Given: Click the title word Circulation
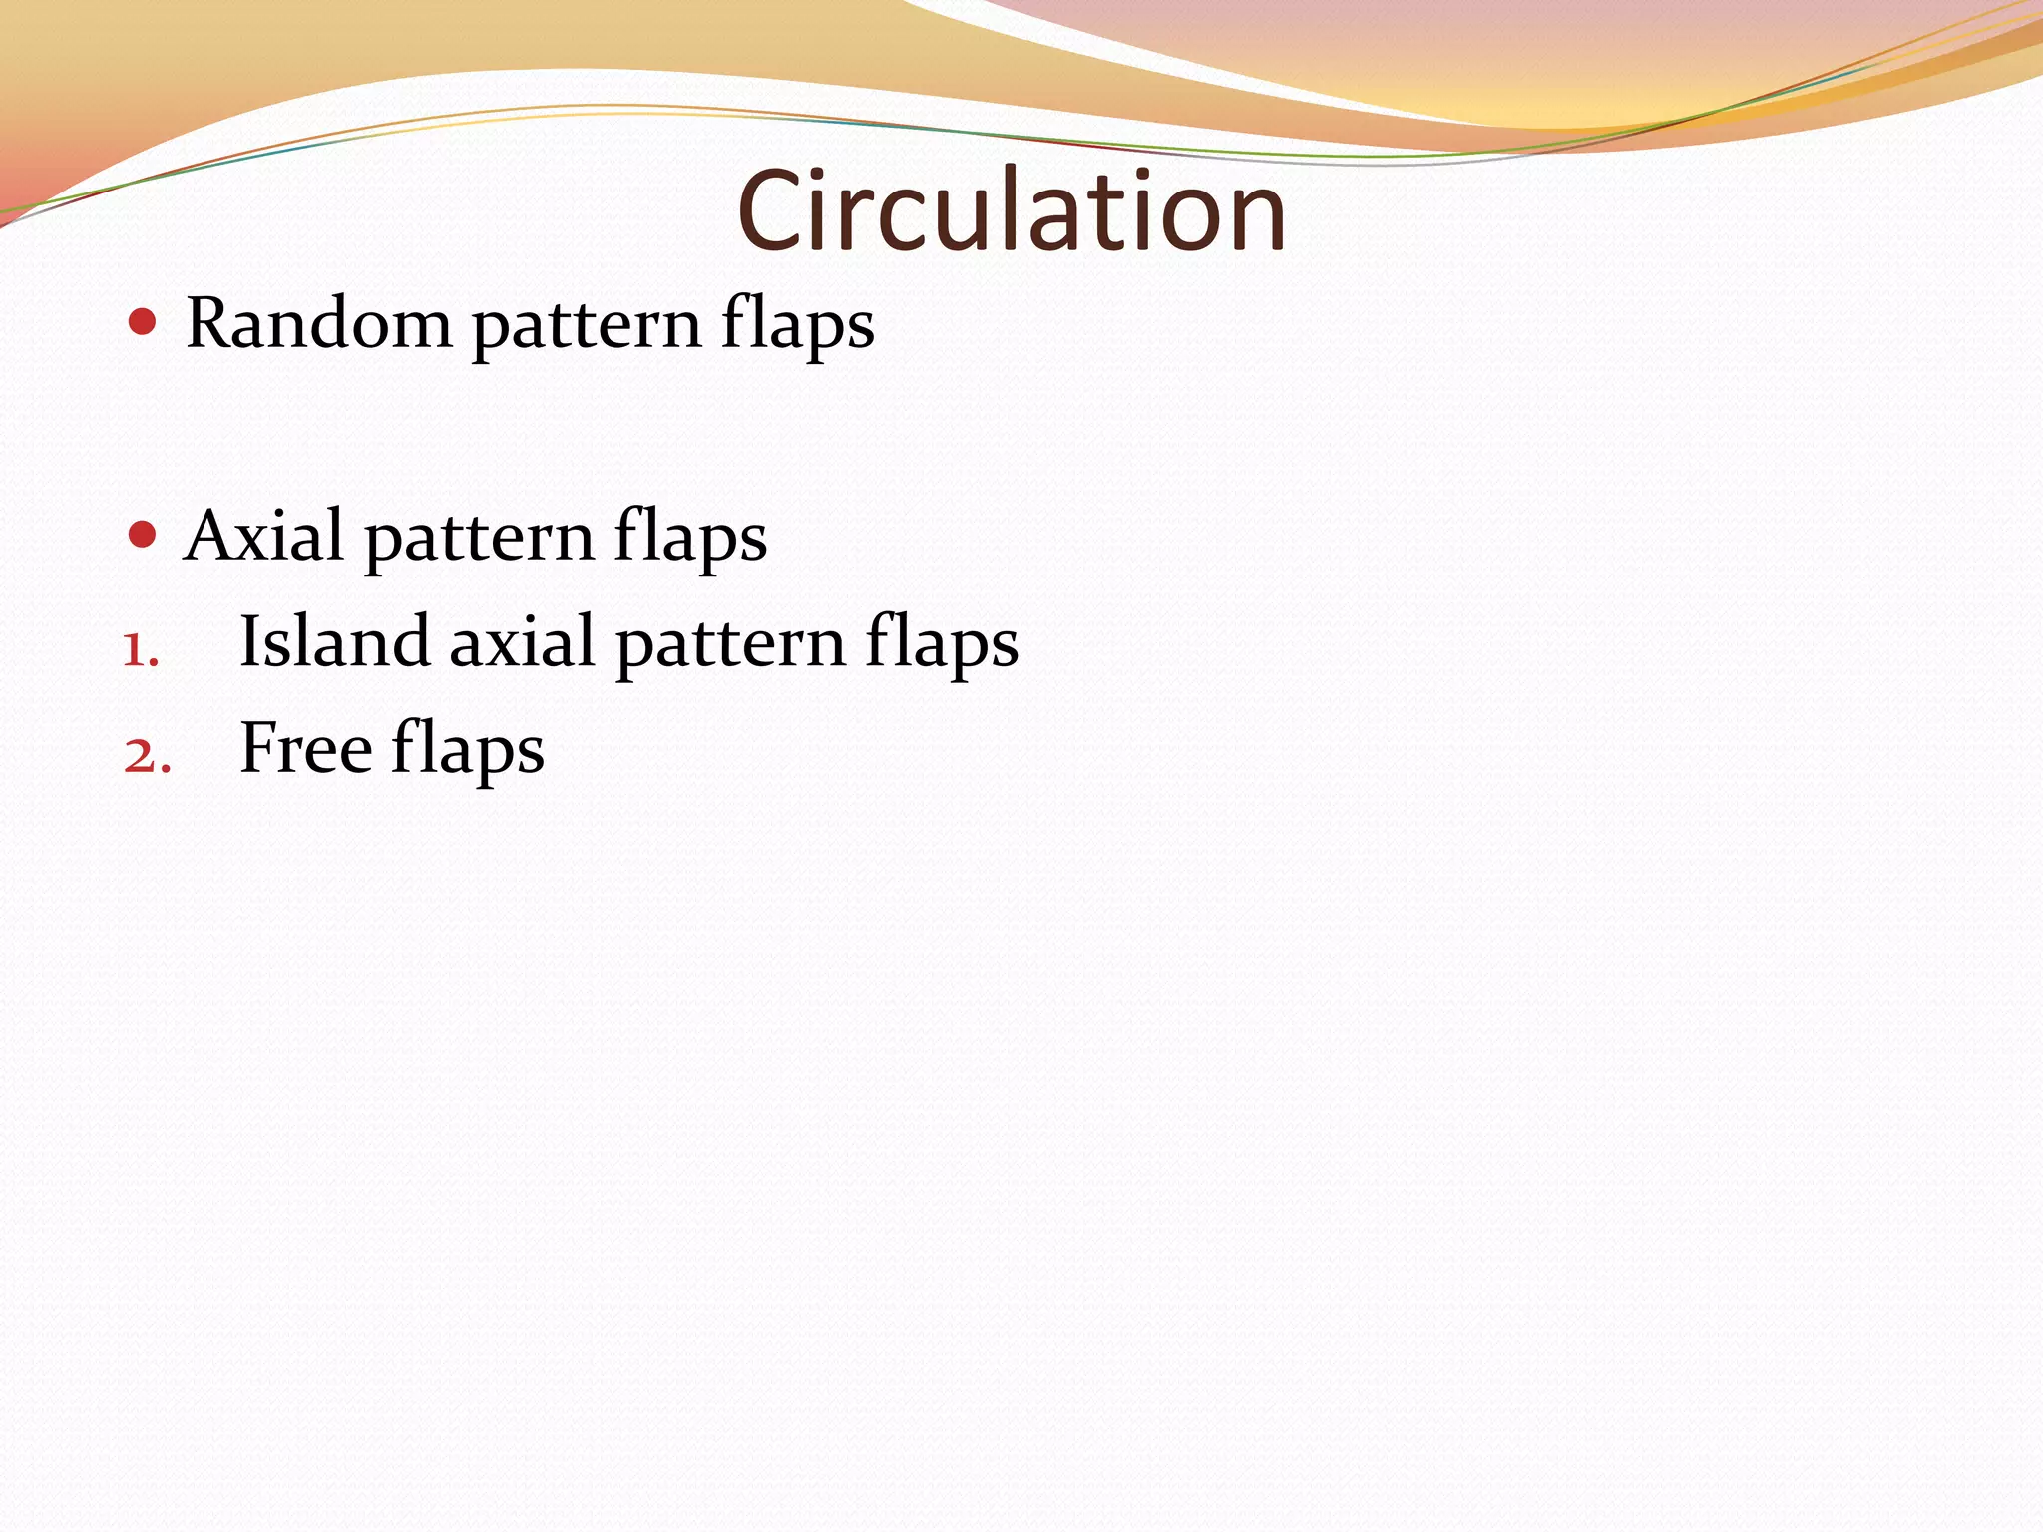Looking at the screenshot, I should pos(1012,210).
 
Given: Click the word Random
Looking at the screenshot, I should pos(318,324).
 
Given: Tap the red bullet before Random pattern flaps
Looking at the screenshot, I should pos(143,322).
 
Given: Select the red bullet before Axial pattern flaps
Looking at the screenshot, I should pos(143,535).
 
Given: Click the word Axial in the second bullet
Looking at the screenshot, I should pos(263,536).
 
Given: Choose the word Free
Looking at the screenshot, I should pos(305,748).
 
